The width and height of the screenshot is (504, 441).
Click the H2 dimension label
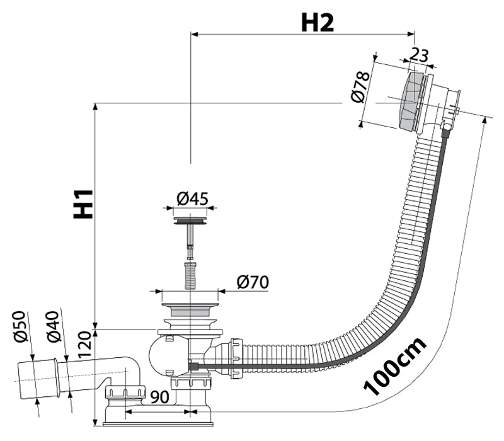(317, 22)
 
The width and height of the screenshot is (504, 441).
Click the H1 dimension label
(83, 204)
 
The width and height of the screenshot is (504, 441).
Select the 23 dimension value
(419, 55)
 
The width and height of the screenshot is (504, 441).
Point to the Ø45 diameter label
(193, 198)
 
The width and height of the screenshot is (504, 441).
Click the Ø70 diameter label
(253, 282)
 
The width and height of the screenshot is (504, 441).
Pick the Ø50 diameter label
(20, 326)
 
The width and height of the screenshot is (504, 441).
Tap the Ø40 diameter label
(54, 326)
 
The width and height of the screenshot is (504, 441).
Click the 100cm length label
(396, 366)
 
